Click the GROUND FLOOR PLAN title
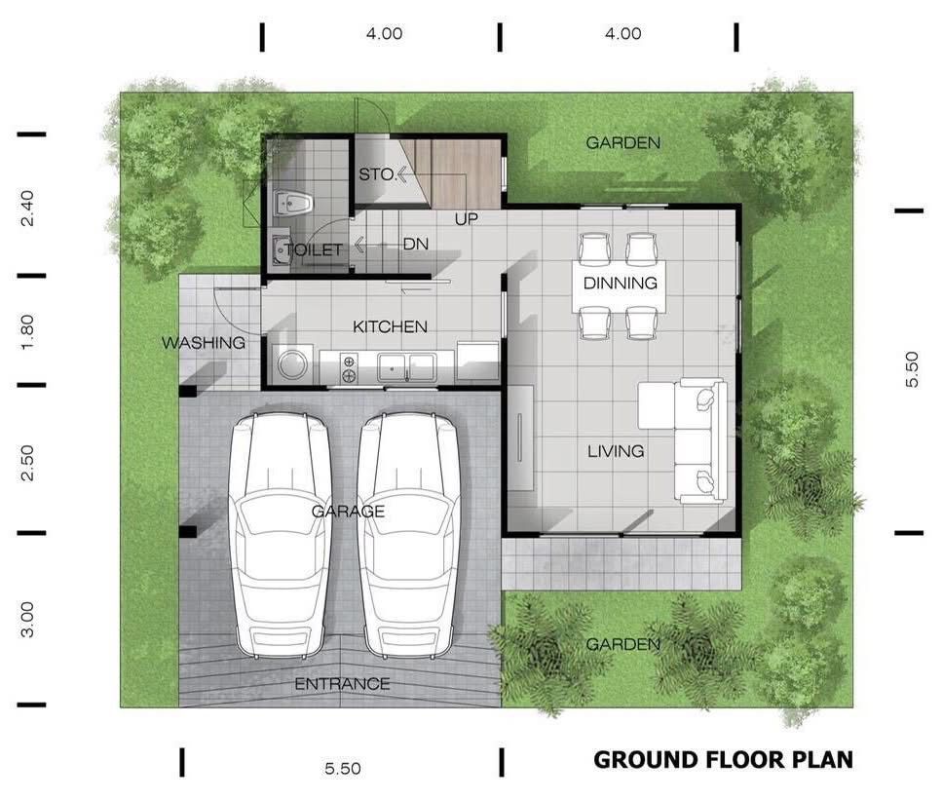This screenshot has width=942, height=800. tap(723, 759)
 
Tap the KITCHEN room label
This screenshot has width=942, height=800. tap(390, 326)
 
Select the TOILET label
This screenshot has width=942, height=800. tap(313, 250)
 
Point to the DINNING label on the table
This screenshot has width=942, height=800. tap(621, 284)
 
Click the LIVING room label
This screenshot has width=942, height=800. tap(616, 451)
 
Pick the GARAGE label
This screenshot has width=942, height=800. tap(349, 511)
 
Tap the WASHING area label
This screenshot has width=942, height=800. tap(204, 343)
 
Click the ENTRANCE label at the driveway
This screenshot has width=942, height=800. tap(342, 684)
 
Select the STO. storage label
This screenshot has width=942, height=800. tap(375, 175)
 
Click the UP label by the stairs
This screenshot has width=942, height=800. tap(467, 218)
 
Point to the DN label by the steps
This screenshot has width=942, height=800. tap(416, 244)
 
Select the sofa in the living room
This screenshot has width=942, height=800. tap(684, 441)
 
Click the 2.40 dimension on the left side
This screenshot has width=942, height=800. tap(27, 208)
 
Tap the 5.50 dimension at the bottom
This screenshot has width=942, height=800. tap(342, 768)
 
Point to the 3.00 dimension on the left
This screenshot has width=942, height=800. tap(27, 619)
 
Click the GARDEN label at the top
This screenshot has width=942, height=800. tap(622, 143)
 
